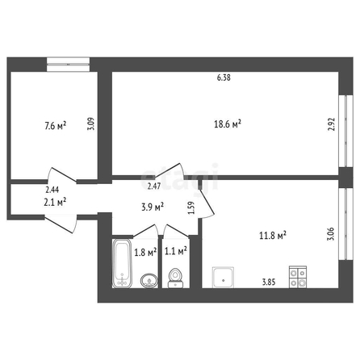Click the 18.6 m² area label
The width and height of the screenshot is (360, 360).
[x=228, y=124]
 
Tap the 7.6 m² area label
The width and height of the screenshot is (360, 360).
[x=55, y=126]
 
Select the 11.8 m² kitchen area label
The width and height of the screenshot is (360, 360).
[x=273, y=236]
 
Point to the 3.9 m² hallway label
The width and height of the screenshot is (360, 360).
[x=153, y=207]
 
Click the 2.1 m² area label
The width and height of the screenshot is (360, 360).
[x=55, y=202]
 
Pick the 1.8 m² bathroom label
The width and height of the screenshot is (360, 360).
[x=145, y=253]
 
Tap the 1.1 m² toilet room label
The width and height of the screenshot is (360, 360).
[x=176, y=251]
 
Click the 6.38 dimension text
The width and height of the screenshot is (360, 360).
[x=224, y=77]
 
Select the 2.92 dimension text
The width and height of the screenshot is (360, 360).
[x=331, y=124]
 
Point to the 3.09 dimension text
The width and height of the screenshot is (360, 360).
[x=90, y=123]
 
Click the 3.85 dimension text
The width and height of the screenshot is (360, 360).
[x=269, y=282]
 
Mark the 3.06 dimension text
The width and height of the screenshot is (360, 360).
[x=331, y=234]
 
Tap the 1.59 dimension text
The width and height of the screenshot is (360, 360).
[x=191, y=207]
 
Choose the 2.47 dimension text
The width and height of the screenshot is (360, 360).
[x=154, y=186]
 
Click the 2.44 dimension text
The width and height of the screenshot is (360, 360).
[x=52, y=190]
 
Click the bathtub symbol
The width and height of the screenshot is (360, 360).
[x=122, y=264]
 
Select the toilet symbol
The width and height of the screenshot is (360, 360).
[x=175, y=278]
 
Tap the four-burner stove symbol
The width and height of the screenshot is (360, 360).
[x=298, y=277]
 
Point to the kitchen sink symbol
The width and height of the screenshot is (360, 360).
[x=223, y=278]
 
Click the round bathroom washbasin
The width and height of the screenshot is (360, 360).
[x=149, y=281]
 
